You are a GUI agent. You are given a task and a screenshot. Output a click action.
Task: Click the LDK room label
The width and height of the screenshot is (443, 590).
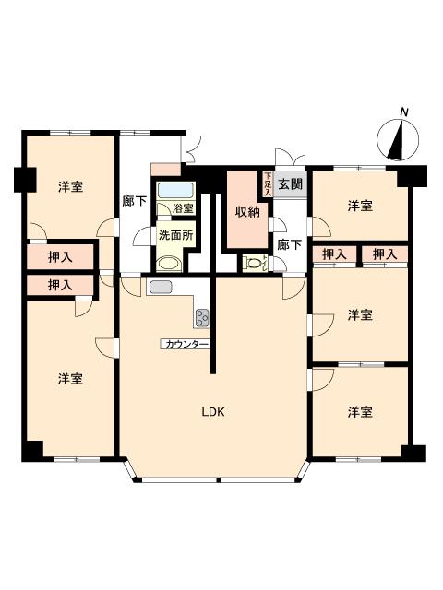[x=214, y=412]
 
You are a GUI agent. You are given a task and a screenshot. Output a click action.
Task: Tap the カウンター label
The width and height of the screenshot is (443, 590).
[x=186, y=344]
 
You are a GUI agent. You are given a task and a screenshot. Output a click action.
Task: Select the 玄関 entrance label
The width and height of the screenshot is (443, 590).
[x=290, y=184]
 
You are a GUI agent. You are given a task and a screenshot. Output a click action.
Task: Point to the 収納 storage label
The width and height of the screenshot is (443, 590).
[x=246, y=212]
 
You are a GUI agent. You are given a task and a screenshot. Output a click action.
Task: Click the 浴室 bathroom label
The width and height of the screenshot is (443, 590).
[x=182, y=209]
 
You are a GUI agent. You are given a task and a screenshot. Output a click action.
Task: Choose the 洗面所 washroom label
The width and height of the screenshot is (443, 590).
[x=174, y=235]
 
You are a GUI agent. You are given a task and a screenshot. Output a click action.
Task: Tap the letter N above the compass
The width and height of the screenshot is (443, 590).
[x=403, y=112]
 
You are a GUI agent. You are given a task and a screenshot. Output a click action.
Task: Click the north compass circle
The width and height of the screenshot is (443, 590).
[x=398, y=140]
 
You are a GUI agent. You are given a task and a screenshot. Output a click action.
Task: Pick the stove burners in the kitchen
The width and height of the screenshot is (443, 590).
[x=202, y=317]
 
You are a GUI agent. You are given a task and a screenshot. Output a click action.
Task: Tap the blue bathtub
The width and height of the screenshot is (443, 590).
[x=174, y=190]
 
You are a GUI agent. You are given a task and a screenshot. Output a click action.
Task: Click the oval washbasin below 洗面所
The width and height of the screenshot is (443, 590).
[x=167, y=263]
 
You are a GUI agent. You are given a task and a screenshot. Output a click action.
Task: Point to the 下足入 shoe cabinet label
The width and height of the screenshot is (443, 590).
[x=268, y=183]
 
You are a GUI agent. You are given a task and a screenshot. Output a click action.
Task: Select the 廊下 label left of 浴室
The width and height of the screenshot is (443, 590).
[x=135, y=200]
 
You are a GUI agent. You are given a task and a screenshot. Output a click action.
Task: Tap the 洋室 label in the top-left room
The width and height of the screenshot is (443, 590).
[x=71, y=187]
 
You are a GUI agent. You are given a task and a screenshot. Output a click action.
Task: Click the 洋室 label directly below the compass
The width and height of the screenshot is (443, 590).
[x=361, y=206]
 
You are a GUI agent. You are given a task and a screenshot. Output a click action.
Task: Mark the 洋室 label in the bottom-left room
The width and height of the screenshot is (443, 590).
[x=71, y=378]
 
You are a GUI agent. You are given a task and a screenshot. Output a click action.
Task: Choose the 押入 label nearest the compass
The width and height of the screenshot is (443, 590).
[x=384, y=254]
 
